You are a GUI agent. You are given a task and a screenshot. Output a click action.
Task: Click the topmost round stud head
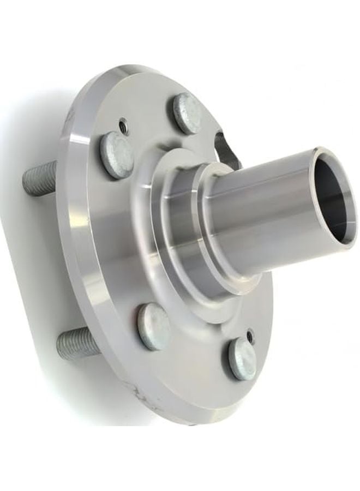(x=188, y=113)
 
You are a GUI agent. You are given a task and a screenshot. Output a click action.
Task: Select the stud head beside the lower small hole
(x=242, y=358)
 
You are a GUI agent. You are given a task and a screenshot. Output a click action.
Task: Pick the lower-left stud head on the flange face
(x=154, y=326)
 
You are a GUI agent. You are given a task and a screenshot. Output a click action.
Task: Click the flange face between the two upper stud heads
(x=153, y=131)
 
